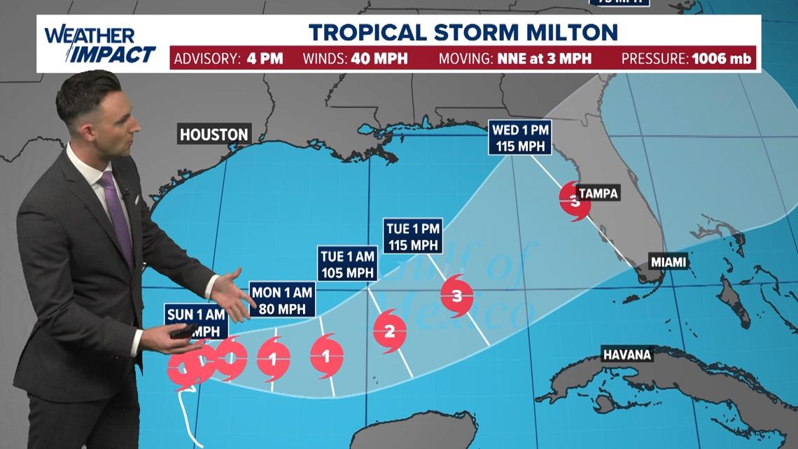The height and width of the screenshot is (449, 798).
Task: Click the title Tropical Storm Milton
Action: tap(463, 32)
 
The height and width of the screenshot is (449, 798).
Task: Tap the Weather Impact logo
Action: tap(100, 45)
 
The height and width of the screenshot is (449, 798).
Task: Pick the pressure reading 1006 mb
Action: tap(722, 59)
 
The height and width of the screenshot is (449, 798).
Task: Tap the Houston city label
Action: tap(213, 134)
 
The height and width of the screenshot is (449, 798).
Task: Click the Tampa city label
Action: tap(598, 193)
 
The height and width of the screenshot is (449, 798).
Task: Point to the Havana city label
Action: tap(627, 354)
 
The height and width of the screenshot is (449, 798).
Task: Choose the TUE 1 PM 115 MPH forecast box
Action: tap(413, 235)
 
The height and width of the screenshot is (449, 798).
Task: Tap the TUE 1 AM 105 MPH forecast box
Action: tap(348, 263)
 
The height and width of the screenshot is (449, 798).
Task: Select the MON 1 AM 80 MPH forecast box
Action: tap(282, 299)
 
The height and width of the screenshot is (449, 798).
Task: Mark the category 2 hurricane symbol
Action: tap(390, 331)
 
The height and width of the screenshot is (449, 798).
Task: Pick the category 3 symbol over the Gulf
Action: tap(457, 296)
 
